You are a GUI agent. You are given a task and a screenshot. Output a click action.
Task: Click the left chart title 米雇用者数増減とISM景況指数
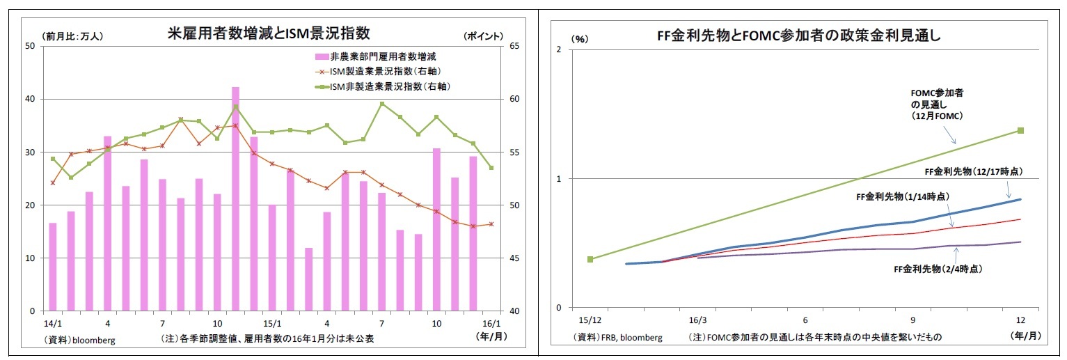point(269,33)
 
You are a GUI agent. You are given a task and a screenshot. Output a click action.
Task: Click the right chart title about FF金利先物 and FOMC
point(798,35)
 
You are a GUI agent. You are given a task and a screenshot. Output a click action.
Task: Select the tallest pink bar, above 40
point(235,198)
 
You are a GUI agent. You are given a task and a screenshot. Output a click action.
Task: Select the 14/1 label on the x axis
point(52,324)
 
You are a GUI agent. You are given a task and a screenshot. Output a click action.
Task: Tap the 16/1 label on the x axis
point(491,324)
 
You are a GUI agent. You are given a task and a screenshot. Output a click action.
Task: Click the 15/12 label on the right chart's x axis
point(590,321)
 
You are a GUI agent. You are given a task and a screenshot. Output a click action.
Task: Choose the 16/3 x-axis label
point(697,321)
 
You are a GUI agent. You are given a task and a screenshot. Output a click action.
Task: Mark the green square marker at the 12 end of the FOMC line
point(1021,130)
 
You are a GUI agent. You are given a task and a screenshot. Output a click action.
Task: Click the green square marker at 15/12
point(590,259)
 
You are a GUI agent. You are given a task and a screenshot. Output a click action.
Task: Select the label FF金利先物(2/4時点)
point(938,269)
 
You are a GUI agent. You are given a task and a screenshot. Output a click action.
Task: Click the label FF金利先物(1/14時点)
point(903,197)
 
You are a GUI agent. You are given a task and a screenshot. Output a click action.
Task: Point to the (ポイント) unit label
point(483,36)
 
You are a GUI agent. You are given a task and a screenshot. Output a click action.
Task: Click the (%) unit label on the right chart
point(580,39)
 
